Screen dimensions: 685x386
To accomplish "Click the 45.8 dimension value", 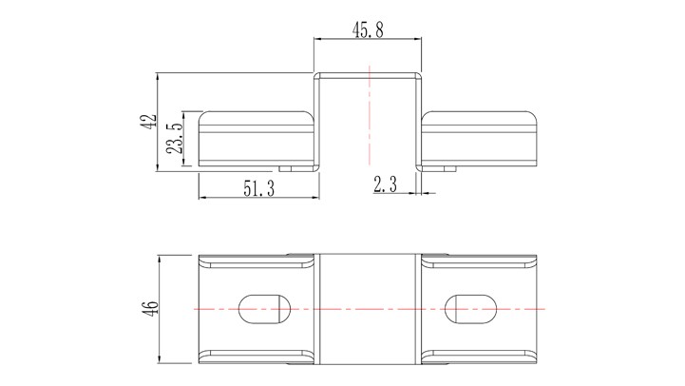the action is [x=368, y=30].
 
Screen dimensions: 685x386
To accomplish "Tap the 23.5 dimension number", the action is [x=175, y=138].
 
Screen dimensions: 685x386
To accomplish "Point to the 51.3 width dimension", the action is [x=259, y=188].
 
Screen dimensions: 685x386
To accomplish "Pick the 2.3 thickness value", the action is [x=386, y=184].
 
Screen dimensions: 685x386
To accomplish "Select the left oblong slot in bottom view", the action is [x=264, y=309].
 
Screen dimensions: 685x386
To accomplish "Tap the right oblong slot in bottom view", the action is [x=470, y=309].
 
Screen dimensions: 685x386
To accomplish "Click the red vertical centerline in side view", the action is [x=370, y=116].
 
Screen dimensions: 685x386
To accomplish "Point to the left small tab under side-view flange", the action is [x=286, y=168].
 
